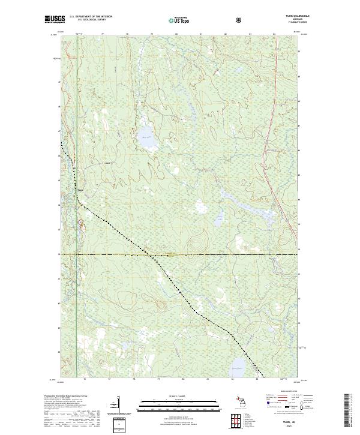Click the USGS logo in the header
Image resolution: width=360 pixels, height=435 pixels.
pyautogui.click(x=55, y=20)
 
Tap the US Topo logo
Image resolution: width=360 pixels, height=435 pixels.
pyautogui.click(x=180, y=20)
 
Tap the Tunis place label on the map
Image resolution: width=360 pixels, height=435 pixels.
pyautogui.click(x=80, y=192)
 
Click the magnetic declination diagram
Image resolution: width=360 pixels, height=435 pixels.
pyautogui.click(x=117, y=405)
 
